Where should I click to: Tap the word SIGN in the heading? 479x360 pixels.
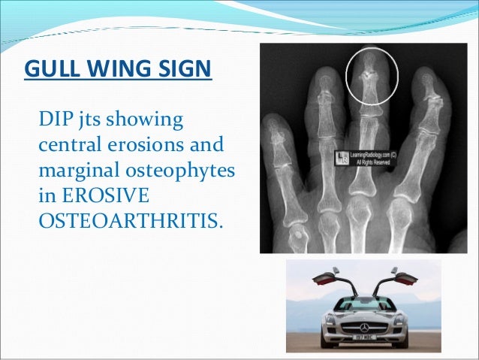click(181, 71)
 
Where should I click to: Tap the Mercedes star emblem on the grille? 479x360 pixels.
click(370, 329)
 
